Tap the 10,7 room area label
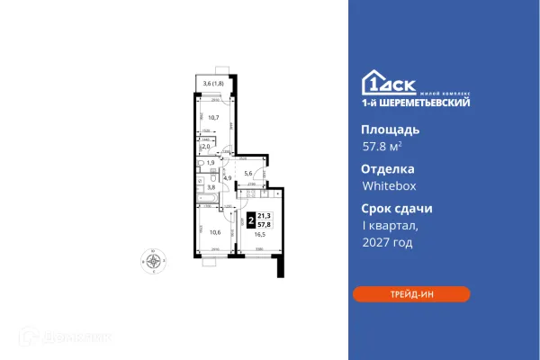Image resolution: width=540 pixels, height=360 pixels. tap(215, 117)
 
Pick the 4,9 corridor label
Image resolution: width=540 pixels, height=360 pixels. tap(229, 179)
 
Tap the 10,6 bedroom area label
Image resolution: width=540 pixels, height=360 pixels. tap(212, 231)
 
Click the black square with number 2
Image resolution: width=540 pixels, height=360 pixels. tap(248, 218)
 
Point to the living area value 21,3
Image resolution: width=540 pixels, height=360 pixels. tap(264, 214)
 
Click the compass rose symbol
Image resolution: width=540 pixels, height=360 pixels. tap(155, 261)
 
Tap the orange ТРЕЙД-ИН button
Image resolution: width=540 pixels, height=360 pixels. tap(411, 293)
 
